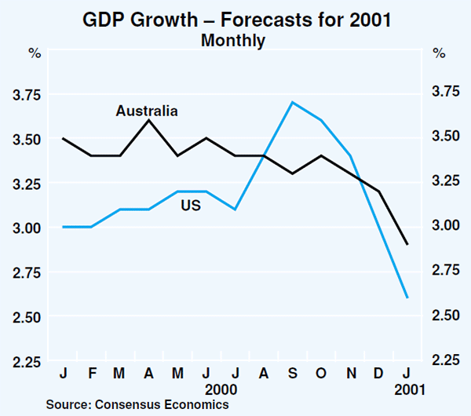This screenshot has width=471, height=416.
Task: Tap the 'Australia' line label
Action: pyautogui.click(x=147, y=111)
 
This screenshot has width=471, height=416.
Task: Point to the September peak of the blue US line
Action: pyautogui.click(x=292, y=102)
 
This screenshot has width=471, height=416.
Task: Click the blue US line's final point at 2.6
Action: pyautogui.click(x=407, y=297)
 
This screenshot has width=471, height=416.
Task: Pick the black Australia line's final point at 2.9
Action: pyautogui.click(x=407, y=244)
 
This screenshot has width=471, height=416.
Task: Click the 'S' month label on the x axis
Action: pyautogui.click(x=292, y=373)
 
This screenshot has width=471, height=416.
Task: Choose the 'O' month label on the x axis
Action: pyautogui.click(x=320, y=373)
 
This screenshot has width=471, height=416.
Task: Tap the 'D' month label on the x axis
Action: pyautogui.click(x=378, y=373)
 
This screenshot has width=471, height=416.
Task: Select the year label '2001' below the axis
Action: pyautogui.click(x=407, y=388)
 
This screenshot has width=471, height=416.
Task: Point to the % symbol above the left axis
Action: pyautogui.click(x=35, y=54)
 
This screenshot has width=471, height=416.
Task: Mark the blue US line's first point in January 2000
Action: pyautogui.click(x=64, y=227)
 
